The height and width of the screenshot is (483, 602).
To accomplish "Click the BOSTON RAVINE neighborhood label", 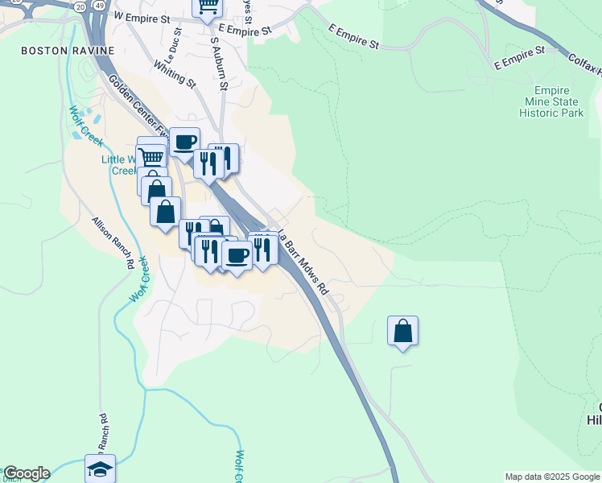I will pos(55,50).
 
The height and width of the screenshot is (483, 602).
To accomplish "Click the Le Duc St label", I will pos(173,48).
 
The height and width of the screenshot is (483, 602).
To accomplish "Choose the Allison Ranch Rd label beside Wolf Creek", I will pos(112,242).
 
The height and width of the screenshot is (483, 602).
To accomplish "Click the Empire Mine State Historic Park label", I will pos(552,102).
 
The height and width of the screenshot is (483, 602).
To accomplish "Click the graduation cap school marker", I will pos(100,469).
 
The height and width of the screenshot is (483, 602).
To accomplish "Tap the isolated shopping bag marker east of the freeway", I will pos(402,331).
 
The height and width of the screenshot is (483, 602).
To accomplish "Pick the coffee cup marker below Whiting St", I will pos(184,142).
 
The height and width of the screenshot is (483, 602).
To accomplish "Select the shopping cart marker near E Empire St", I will pos(208,7).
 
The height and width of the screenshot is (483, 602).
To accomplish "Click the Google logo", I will pos(26,473).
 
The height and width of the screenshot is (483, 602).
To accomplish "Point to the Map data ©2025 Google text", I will pos(552,477).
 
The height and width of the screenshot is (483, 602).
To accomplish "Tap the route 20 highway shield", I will pos(80,5).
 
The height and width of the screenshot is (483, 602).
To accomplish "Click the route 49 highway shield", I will pos(98,5).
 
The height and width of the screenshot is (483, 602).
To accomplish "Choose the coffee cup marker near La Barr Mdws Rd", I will pos(237,255).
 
